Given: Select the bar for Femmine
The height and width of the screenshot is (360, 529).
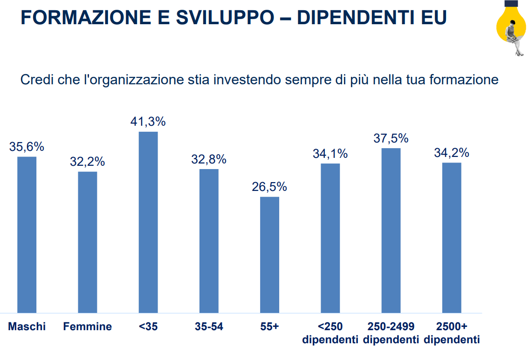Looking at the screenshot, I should pyautogui.click(x=88, y=242).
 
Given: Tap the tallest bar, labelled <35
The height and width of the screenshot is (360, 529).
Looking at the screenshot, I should pyautogui.click(x=148, y=222).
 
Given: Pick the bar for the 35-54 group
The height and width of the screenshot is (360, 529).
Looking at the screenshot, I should pyautogui.click(x=209, y=241).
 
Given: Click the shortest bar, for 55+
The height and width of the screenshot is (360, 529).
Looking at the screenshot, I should pyautogui.click(x=269, y=255).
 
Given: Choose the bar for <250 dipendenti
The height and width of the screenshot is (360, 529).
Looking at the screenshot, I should pyautogui.click(x=330, y=238).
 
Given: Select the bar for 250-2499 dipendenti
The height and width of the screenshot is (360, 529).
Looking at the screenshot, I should pyautogui.click(x=391, y=230).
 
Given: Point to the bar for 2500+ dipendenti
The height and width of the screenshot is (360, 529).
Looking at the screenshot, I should pyautogui.click(x=452, y=238).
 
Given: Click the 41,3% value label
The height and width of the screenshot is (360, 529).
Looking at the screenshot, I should pyautogui.click(x=148, y=122).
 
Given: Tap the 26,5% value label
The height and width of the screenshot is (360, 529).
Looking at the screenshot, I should pyautogui.click(x=269, y=187).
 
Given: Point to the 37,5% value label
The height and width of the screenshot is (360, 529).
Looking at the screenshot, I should pyautogui.click(x=391, y=138).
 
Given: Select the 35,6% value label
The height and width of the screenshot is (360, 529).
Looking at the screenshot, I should pyautogui.click(x=27, y=147).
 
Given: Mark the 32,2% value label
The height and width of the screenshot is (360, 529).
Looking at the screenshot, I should pyautogui.click(x=88, y=162).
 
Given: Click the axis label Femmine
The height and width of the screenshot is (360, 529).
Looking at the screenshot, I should pyautogui.click(x=88, y=326).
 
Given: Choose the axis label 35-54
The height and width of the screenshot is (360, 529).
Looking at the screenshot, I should pyautogui.click(x=209, y=326).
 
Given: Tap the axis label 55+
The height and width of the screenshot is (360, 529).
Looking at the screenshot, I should pyautogui.click(x=269, y=326).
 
